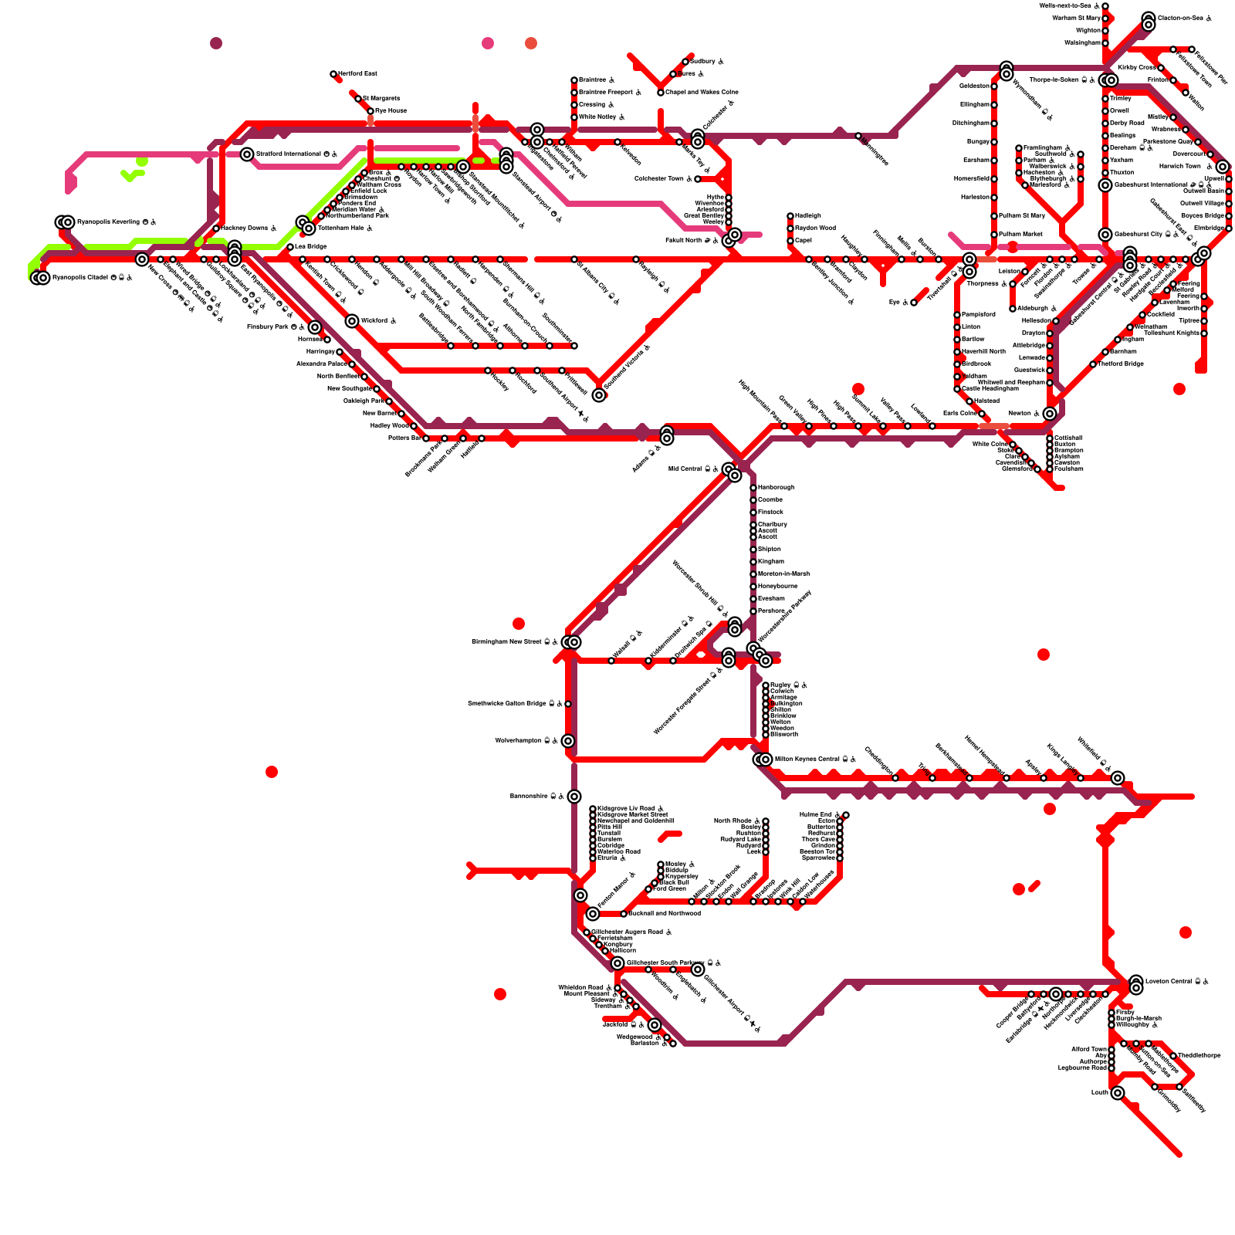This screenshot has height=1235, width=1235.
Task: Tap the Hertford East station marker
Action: [x=333, y=74]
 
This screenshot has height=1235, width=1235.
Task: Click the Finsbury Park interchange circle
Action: [x=315, y=327]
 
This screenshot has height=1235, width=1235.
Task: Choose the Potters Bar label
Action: [x=404, y=438]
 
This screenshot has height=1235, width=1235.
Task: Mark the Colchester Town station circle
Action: [x=698, y=179]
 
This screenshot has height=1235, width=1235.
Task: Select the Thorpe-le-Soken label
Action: [x=1053, y=80]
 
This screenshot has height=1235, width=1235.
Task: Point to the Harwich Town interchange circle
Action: [x=1223, y=167]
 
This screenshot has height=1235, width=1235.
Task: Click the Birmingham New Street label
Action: [x=506, y=642]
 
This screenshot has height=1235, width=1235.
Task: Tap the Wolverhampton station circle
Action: [x=568, y=741]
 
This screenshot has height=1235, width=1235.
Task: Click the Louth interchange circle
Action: [x=1118, y=1093]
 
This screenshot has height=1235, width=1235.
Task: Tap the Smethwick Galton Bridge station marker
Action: [x=568, y=704]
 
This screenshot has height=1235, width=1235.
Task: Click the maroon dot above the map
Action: [x=216, y=43]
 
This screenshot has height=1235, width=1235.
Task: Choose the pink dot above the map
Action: [x=488, y=43]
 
